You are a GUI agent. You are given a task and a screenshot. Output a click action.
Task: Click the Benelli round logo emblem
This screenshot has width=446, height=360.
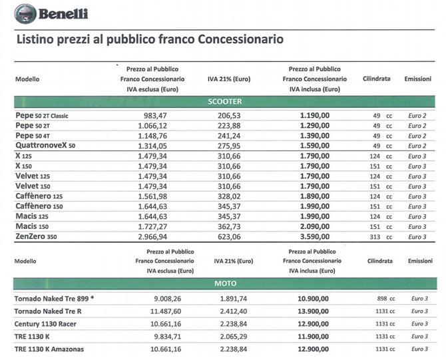click(x=25, y=14)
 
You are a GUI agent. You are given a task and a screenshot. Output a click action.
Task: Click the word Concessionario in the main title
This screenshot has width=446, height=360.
click(x=240, y=39)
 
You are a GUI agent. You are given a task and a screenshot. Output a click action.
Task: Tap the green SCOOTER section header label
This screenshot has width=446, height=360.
click(x=225, y=102)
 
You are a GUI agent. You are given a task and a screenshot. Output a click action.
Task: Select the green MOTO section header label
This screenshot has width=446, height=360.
click(x=225, y=283)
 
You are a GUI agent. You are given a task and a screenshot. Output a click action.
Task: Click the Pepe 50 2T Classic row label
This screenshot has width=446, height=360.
click(x=42, y=115)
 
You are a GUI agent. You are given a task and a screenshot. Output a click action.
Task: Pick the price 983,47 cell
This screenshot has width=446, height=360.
click(x=155, y=116)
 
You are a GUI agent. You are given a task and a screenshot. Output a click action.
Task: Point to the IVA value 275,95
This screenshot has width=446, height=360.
click(x=229, y=146)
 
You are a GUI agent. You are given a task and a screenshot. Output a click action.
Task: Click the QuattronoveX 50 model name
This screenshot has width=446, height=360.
click(x=45, y=145)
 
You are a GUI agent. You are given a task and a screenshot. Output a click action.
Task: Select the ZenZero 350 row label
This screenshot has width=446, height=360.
click(x=36, y=236)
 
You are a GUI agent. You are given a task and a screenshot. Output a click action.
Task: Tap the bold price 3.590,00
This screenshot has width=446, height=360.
click(x=315, y=237)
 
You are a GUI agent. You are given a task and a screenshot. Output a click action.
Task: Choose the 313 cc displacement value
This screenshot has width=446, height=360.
click(x=381, y=237)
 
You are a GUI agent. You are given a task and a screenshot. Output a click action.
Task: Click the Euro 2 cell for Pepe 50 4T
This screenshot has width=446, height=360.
click(x=417, y=136)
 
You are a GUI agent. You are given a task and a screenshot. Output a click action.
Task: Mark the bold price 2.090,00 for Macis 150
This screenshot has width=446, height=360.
click(x=315, y=226)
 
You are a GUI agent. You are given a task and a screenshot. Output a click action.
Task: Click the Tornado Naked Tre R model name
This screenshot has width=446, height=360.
click(x=48, y=311)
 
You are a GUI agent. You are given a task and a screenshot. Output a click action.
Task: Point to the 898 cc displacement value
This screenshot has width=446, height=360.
click(x=386, y=299)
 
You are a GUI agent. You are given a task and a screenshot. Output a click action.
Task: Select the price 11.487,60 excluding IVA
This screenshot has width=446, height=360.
click(x=166, y=311)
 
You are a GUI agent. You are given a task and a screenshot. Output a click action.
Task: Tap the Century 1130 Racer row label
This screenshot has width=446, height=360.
click(x=45, y=324)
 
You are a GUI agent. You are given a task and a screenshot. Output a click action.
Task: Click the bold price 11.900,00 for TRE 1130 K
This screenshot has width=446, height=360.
click(x=313, y=337)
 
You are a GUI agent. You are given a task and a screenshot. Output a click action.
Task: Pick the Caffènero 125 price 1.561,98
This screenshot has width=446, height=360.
click(x=152, y=196)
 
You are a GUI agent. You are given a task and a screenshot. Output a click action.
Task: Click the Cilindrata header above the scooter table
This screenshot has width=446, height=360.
click(x=376, y=79)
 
